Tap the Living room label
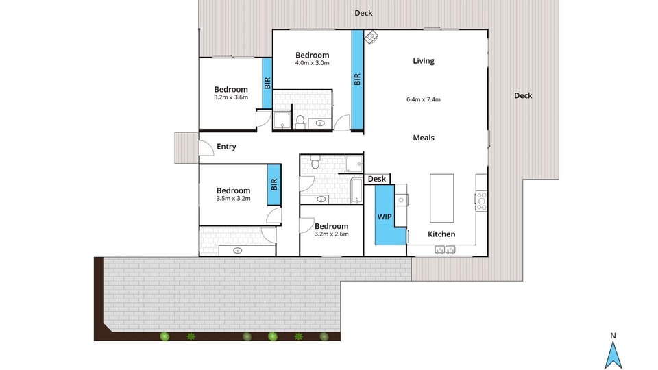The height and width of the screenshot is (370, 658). tap(423, 61)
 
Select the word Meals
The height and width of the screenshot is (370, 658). tap(423, 138)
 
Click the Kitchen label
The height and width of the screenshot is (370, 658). tap(441, 234)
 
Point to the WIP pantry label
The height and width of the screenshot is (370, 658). tap(385, 217)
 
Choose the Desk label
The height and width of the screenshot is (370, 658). tap(376, 180)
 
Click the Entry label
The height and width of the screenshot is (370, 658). tap(226, 147)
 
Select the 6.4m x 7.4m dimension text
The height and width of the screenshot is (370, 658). tap(423, 99)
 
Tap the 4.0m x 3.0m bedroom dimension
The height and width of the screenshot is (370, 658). tap(312, 63)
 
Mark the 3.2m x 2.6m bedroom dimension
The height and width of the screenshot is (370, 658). tap(331, 234)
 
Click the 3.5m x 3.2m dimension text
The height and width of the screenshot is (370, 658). tap(233, 199)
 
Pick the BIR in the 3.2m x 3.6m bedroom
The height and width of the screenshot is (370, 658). tap(267, 82)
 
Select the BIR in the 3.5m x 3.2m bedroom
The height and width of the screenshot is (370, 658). tap(273, 184)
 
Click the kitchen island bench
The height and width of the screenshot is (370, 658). tap(441, 198)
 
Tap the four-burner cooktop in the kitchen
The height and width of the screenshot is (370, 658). tap(481, 199)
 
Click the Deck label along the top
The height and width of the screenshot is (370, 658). tap(363, 13)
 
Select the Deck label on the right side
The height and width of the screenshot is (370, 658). tap(523, 96)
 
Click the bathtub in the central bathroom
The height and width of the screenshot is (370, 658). tap(355, 190)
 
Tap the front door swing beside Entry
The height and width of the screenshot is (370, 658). tap(205, 147)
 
